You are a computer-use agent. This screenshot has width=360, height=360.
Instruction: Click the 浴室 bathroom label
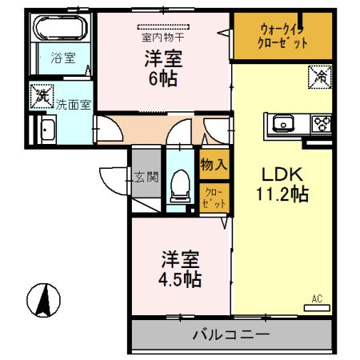point(58,58)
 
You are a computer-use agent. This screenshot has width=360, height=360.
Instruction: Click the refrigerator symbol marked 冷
point(319,78)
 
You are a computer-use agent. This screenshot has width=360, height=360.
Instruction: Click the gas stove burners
point(322,123)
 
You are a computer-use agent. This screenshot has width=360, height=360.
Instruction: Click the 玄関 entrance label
point(146,177)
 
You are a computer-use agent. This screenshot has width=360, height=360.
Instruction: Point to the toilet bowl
point(180,189)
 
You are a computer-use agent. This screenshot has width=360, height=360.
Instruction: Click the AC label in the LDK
point(317,299)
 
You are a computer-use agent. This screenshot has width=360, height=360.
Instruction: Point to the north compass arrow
point(45,302)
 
